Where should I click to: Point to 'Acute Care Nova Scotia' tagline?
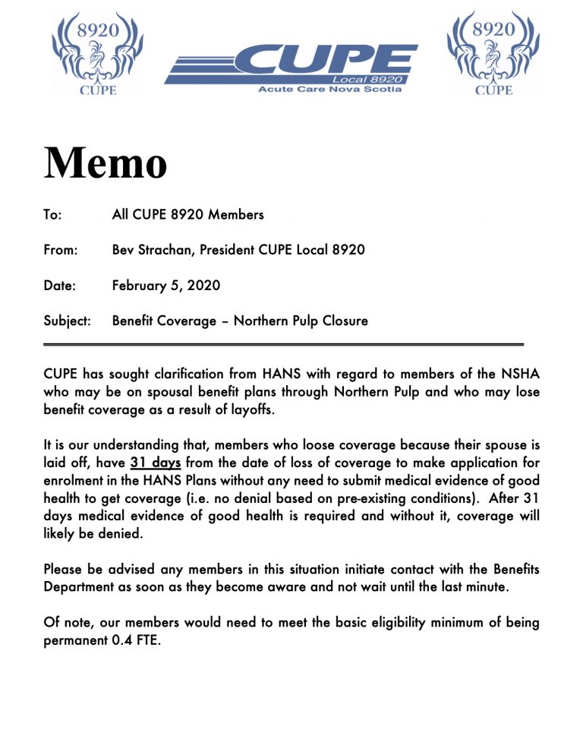pyautogui.click(x=330, y=89)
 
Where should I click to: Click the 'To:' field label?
pyautogui.click(x=52, y=215)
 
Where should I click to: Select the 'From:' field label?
pyautogui.click(x=60, y=250)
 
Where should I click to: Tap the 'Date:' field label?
pyautogui.click(x=58, y=286)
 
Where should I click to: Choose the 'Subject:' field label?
pyautogui.click(x=68, y=321)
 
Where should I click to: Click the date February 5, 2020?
pyautogui.click(x=166, y=286)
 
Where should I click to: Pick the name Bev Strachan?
pyautogui.click(x=151, y=250)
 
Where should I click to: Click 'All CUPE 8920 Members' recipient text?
pyautogui.click(x=188, y=215)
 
